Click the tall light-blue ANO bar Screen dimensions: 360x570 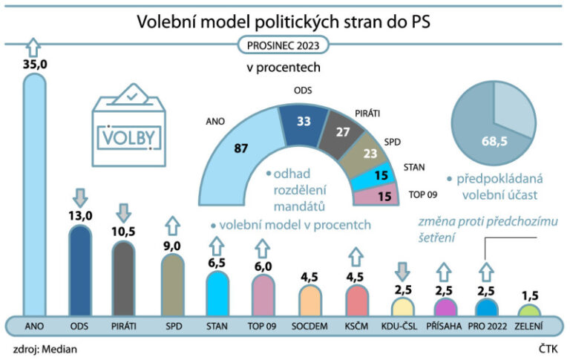pyautogui.click(x=34, y=193)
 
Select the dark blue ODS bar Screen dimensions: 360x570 pyautogui.click(x=79, y=271)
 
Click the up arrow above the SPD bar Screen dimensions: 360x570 pyautogui.click(x=172, y=224)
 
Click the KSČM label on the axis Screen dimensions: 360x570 pyautogui.click(x=355, y=326)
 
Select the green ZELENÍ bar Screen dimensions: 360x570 pyautogui.click(x=528, y=310)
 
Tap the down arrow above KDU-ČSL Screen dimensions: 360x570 pyautogui.click(x=401, y=270)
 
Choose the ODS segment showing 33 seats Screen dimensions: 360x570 pyautogui.click(x=303, y=120)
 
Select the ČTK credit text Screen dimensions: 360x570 pyautogui.click(x=549, y=348)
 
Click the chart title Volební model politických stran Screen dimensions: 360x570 pyautogui.click(x=284, y=22)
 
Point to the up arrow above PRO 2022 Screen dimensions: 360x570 pyautogui.click(x=485, y=270)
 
